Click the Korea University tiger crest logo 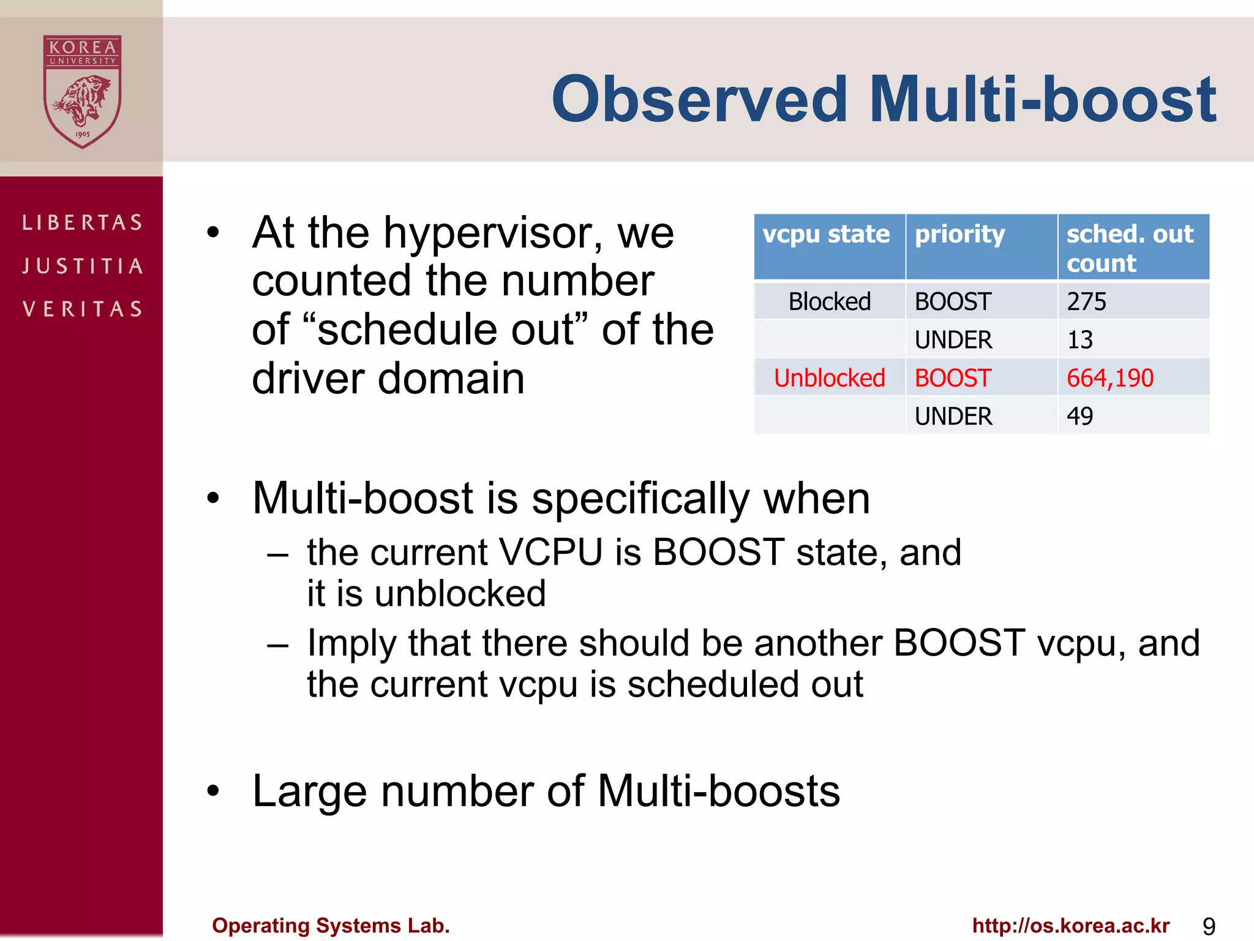(x=82, y=91)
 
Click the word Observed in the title (x=699, y=99)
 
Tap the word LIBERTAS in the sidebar (x=83, y=222)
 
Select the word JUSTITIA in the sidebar (x=83, y=266)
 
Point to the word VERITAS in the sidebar (x=83, y=309)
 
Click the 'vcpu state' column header (x=826, y=235)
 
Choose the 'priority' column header (x=959, y=235)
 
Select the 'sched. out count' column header (x=1130, y=248)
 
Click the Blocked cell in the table (x=829, y=301)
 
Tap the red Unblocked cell (x=829, y=378)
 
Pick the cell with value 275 (x=1086, y=301)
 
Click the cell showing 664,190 (x=1109, y=378)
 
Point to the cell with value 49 (x=1079, y=416)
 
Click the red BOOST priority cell (x=953, y=378)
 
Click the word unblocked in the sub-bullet (x=460, y=594)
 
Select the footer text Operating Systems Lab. (x=331, y=925)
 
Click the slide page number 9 (x=1209, y=926)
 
